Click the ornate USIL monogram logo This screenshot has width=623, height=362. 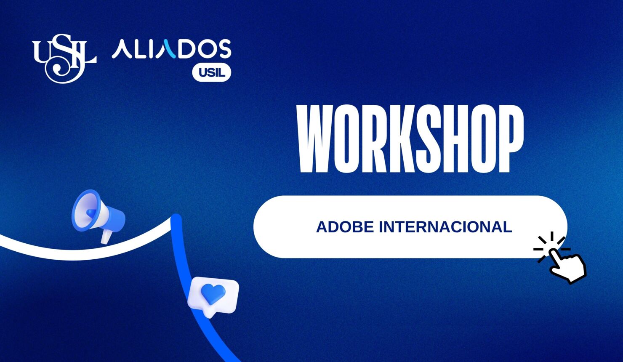pyautogui.click(x=64, y=58)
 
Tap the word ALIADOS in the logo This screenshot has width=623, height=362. pyautogui.click(x=171, y=49)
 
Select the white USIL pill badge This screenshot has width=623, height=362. pyautogui.click(x=212, y=72)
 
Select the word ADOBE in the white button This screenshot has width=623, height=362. pyautogui.click(x=345, y=227)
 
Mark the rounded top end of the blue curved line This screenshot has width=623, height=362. pyautogui.click(x=176, y=218)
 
